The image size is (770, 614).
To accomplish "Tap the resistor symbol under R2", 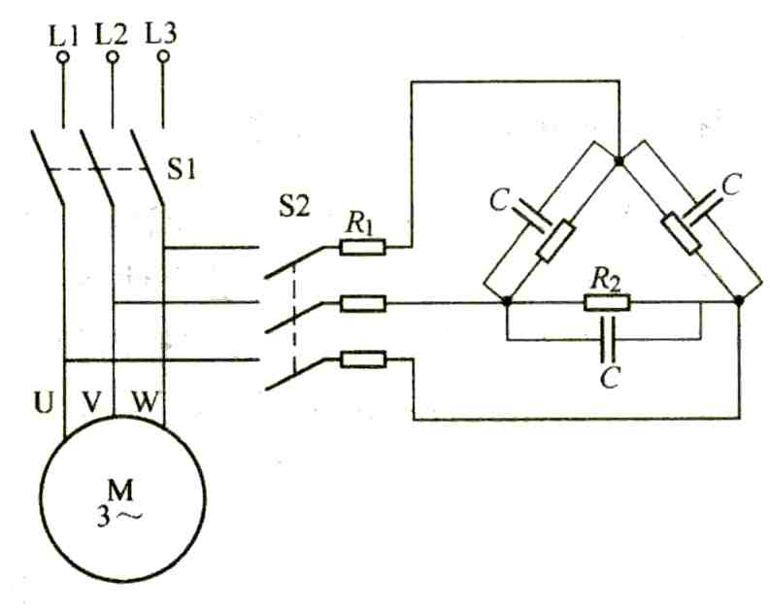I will (607, 303).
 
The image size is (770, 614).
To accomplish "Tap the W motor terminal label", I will (142, 398).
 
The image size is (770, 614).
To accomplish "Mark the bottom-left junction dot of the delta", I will (506, 303).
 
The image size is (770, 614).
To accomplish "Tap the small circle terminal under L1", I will (63, 57).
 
